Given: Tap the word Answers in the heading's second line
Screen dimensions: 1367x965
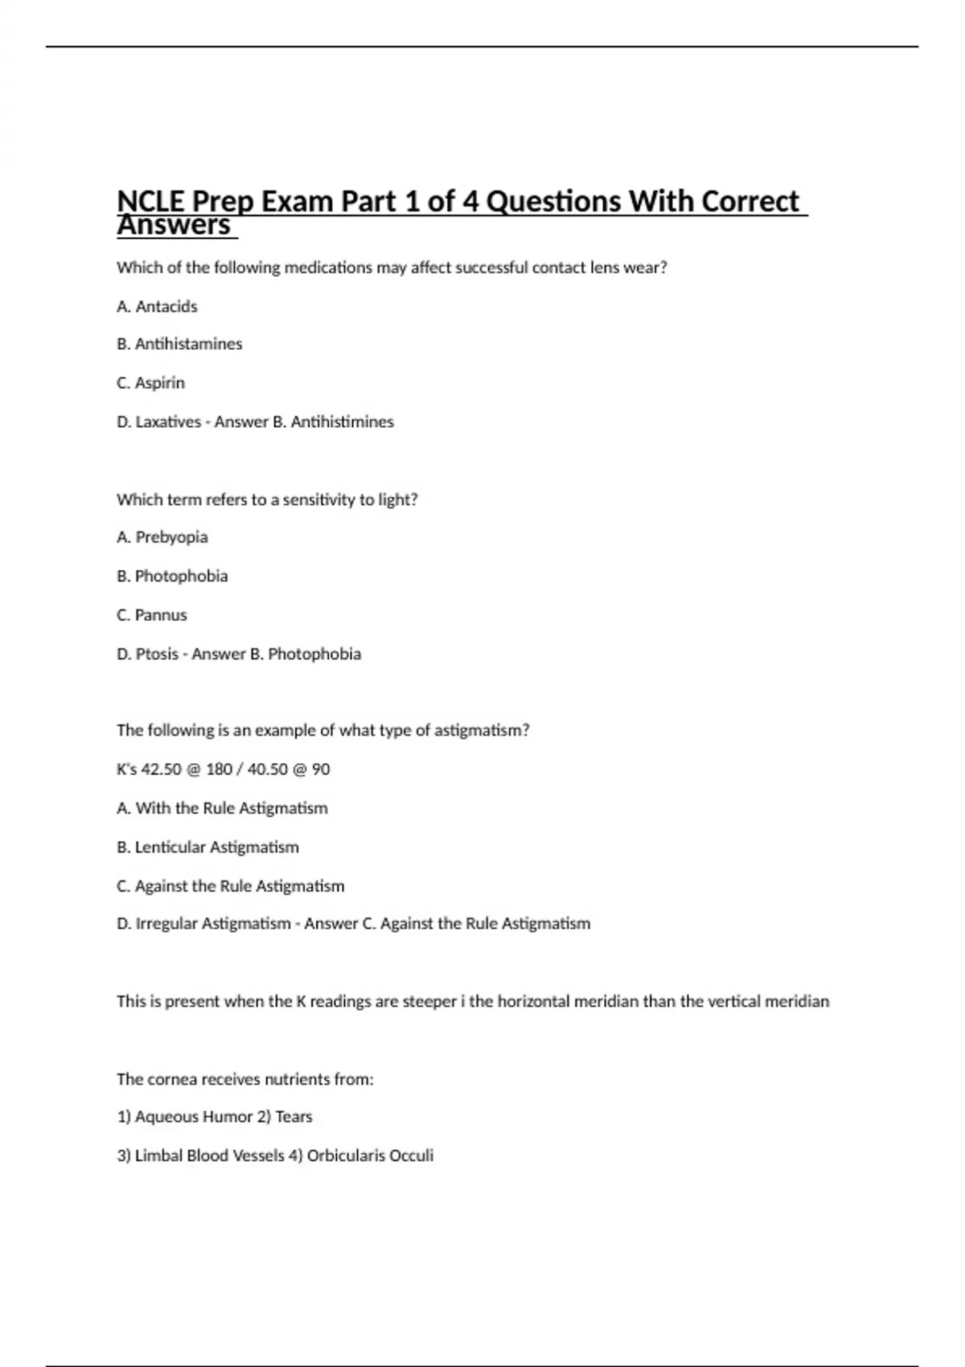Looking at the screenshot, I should click(174, 226).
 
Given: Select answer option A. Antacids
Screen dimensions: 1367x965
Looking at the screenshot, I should click(157, 306).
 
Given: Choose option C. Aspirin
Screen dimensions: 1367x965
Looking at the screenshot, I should click(150, 383).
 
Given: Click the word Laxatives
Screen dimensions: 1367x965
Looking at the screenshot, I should click(168, 421).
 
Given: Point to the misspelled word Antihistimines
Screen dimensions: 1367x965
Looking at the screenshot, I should click(342, 421).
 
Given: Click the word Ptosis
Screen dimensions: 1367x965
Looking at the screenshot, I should click(157, 654).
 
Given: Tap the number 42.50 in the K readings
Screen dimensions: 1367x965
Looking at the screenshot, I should click(161, 770).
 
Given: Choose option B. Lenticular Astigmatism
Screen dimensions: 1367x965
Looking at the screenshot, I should click(207, 847).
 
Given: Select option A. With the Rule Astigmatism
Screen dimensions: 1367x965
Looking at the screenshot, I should click(222, 808).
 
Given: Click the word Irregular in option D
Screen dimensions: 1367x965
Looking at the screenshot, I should click(166, 924).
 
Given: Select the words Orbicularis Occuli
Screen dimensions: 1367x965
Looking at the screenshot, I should click(370, 1156).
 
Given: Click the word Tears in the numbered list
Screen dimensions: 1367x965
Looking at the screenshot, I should click(294, 1117).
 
